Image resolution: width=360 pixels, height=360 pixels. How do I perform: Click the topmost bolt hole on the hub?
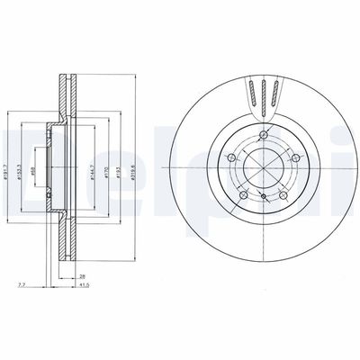pos(262,137)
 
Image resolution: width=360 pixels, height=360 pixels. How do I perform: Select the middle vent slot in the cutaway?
pos(263,92)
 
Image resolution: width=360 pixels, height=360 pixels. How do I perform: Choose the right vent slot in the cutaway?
pos(275,92)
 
